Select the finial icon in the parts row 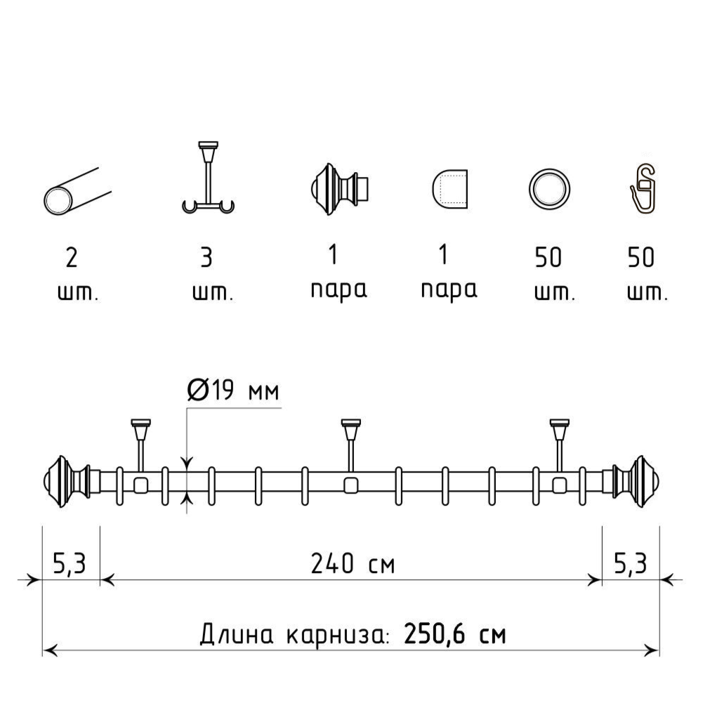(339, 190)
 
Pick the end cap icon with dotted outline (449, 189)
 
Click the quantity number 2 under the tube (72, 258)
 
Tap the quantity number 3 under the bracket (206, 258)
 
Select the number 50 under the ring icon (548, 257)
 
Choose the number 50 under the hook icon (640, 257)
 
